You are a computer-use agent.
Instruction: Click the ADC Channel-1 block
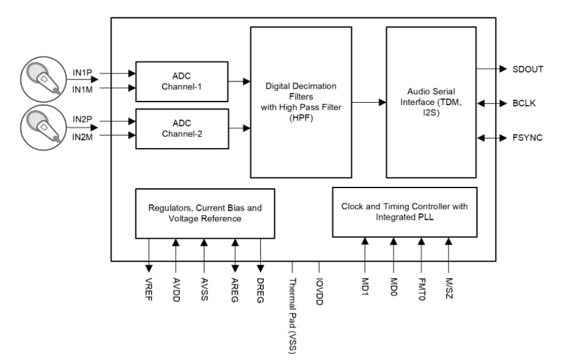point(182,81)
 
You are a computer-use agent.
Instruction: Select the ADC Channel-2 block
point(182,128)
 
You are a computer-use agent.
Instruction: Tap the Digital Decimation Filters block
point(301,101)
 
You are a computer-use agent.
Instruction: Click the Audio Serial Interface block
point(431,101)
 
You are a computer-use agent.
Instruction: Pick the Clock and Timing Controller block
point(404,212)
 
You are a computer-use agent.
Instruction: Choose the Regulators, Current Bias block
point(205,213)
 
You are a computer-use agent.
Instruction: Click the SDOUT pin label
point(527,69)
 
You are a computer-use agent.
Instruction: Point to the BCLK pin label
point(524,103)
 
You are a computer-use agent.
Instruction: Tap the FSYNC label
point(527,138)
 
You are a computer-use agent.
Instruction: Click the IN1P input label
point(82,73)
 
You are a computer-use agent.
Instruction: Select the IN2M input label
point(82,137)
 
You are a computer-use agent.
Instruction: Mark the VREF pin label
point(149,290)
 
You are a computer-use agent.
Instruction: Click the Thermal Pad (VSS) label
point(292,316)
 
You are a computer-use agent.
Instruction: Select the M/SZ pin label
point(449,289)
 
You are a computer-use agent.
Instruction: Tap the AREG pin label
point(235,290)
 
